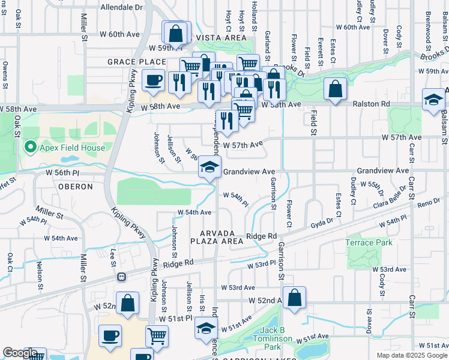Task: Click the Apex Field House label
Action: (x=72, y=148)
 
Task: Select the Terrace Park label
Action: (x=369, y=242)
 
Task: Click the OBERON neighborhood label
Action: (x=76, y=187)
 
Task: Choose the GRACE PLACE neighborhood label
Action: (x=136, y=62)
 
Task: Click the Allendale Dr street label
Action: (x=122, y=8)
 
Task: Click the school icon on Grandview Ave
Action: (x=209, y=167)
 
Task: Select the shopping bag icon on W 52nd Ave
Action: (x=294, y=298)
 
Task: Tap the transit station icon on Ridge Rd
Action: (x=122, y=277)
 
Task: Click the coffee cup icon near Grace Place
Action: (x=153, y=80)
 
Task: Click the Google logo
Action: (x=19, y=353)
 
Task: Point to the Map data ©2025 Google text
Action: (x=411, y=355)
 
